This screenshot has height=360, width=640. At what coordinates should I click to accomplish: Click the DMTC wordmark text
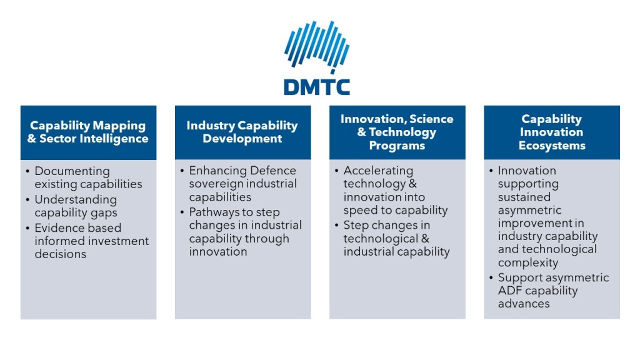click(x=317, y=87)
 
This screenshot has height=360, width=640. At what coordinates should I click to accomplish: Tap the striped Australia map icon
click(x=317, y=47)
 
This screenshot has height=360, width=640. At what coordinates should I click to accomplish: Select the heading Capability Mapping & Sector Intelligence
click(x=88, y=132)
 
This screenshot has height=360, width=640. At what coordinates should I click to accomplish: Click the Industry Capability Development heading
click(x=242, y=132)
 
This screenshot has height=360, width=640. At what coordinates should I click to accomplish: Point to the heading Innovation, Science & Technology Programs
click(x=397, y=132)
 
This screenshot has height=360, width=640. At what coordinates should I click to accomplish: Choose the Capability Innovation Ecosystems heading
click(x=552, y=132)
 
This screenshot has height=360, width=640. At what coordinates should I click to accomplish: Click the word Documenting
click(x=72, y=171)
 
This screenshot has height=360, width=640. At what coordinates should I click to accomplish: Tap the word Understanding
click(x=76, y=199)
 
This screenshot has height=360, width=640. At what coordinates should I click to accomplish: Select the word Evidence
click(x=58, y=227)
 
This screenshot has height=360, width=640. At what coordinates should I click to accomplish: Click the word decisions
click(x=61, y=254)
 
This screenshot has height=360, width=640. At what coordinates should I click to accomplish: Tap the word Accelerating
click(x=378, y=171)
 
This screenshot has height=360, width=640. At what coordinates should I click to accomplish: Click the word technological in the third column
click(x=381, y=238)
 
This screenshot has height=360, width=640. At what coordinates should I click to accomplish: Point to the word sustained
click(x=524, y=197)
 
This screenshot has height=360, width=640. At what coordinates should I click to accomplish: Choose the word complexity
click(x=528, y=262)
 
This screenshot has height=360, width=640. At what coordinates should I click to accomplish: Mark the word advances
click(x=524, y=304)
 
